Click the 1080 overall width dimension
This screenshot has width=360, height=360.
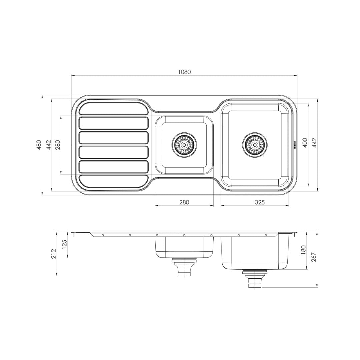click(184, 72)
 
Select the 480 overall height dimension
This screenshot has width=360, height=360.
click(39, 145)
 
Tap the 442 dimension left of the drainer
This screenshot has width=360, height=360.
click(49, 145)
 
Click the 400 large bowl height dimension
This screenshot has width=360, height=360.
click(304, 143)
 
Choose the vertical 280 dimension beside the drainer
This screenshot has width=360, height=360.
click(58, 145)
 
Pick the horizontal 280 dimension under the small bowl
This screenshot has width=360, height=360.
click(184, 202)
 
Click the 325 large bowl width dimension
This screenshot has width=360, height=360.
click(255, 202)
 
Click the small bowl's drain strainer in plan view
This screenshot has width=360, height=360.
click(184, 144)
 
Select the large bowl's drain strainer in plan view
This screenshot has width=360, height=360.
click(255, 144)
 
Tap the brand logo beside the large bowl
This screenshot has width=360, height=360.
click(295, 144)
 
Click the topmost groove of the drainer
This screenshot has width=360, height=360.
click(113, 108)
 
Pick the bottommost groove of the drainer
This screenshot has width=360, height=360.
click(113, 181)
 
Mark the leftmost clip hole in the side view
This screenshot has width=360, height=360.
click(103, 235)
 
